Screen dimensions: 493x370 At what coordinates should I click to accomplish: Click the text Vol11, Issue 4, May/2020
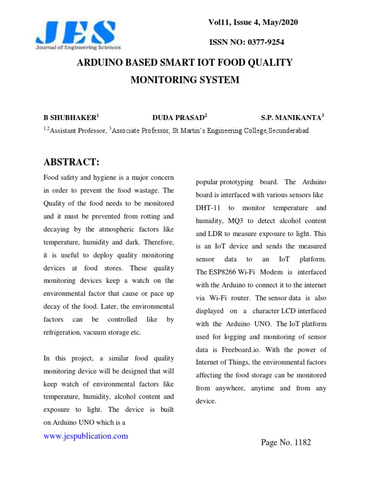pyautogui.click(x=256, y=22)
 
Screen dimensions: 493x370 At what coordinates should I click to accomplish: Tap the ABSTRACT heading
pyautogui.click(x=71, y=161)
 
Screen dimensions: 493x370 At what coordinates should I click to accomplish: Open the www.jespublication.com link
pyautogui.click(x=86, y=436)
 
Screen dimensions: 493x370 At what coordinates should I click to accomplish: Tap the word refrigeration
pyautogui.click(x=62, y=332)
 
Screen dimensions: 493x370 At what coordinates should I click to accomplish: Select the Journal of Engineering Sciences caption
pyautogui.click(x=78, y=48)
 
